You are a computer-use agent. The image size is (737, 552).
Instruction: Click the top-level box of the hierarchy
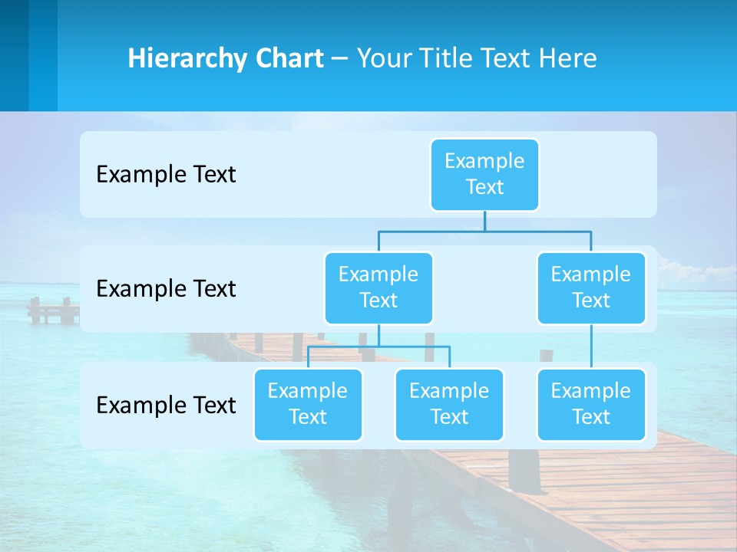484,174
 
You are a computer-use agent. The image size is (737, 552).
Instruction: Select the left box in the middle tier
378,287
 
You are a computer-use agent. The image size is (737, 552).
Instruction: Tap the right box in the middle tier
591,287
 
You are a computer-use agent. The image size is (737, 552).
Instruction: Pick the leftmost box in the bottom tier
308,404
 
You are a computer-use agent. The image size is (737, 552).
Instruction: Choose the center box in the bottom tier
449,404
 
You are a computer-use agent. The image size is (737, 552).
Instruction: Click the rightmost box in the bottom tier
591,404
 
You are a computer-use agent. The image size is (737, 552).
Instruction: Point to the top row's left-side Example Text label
166,174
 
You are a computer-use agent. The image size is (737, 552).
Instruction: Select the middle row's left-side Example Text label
166,288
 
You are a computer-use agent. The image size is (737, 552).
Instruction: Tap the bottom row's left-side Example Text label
166,405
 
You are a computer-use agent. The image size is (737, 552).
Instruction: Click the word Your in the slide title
385,58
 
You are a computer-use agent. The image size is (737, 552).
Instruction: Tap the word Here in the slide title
567,58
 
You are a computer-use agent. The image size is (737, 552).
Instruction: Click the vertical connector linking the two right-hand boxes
591,347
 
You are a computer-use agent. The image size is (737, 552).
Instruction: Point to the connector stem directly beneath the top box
484,221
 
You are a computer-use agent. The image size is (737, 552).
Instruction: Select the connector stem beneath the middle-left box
378,335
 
